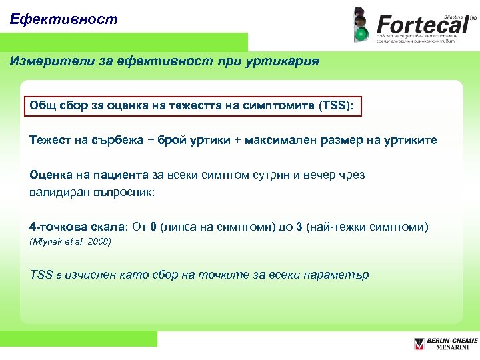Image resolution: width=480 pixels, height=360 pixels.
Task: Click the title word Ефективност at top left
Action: (64, 19)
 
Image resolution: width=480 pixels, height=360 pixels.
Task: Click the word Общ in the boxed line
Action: (42, 106)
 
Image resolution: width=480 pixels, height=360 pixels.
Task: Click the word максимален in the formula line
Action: (281, 140)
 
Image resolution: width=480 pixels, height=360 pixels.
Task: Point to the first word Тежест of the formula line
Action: (49, 140)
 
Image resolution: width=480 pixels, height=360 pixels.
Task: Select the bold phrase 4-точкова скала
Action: (77, 227)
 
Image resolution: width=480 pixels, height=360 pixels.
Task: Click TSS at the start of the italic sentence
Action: (41, 275)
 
